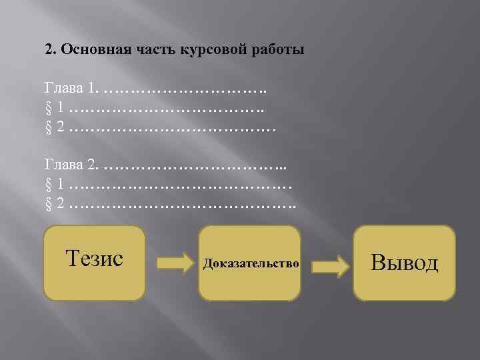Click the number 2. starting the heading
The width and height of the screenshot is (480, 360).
click(49, 51)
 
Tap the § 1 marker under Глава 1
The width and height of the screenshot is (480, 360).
click(54, 107)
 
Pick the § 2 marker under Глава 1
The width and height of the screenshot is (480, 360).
click(54, 125)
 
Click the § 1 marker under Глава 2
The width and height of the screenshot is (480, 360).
click(54, 183)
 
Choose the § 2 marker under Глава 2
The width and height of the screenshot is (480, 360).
click(54, 202)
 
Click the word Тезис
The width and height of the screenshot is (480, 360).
click(94, 258)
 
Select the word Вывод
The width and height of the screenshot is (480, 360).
click(404, 262)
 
